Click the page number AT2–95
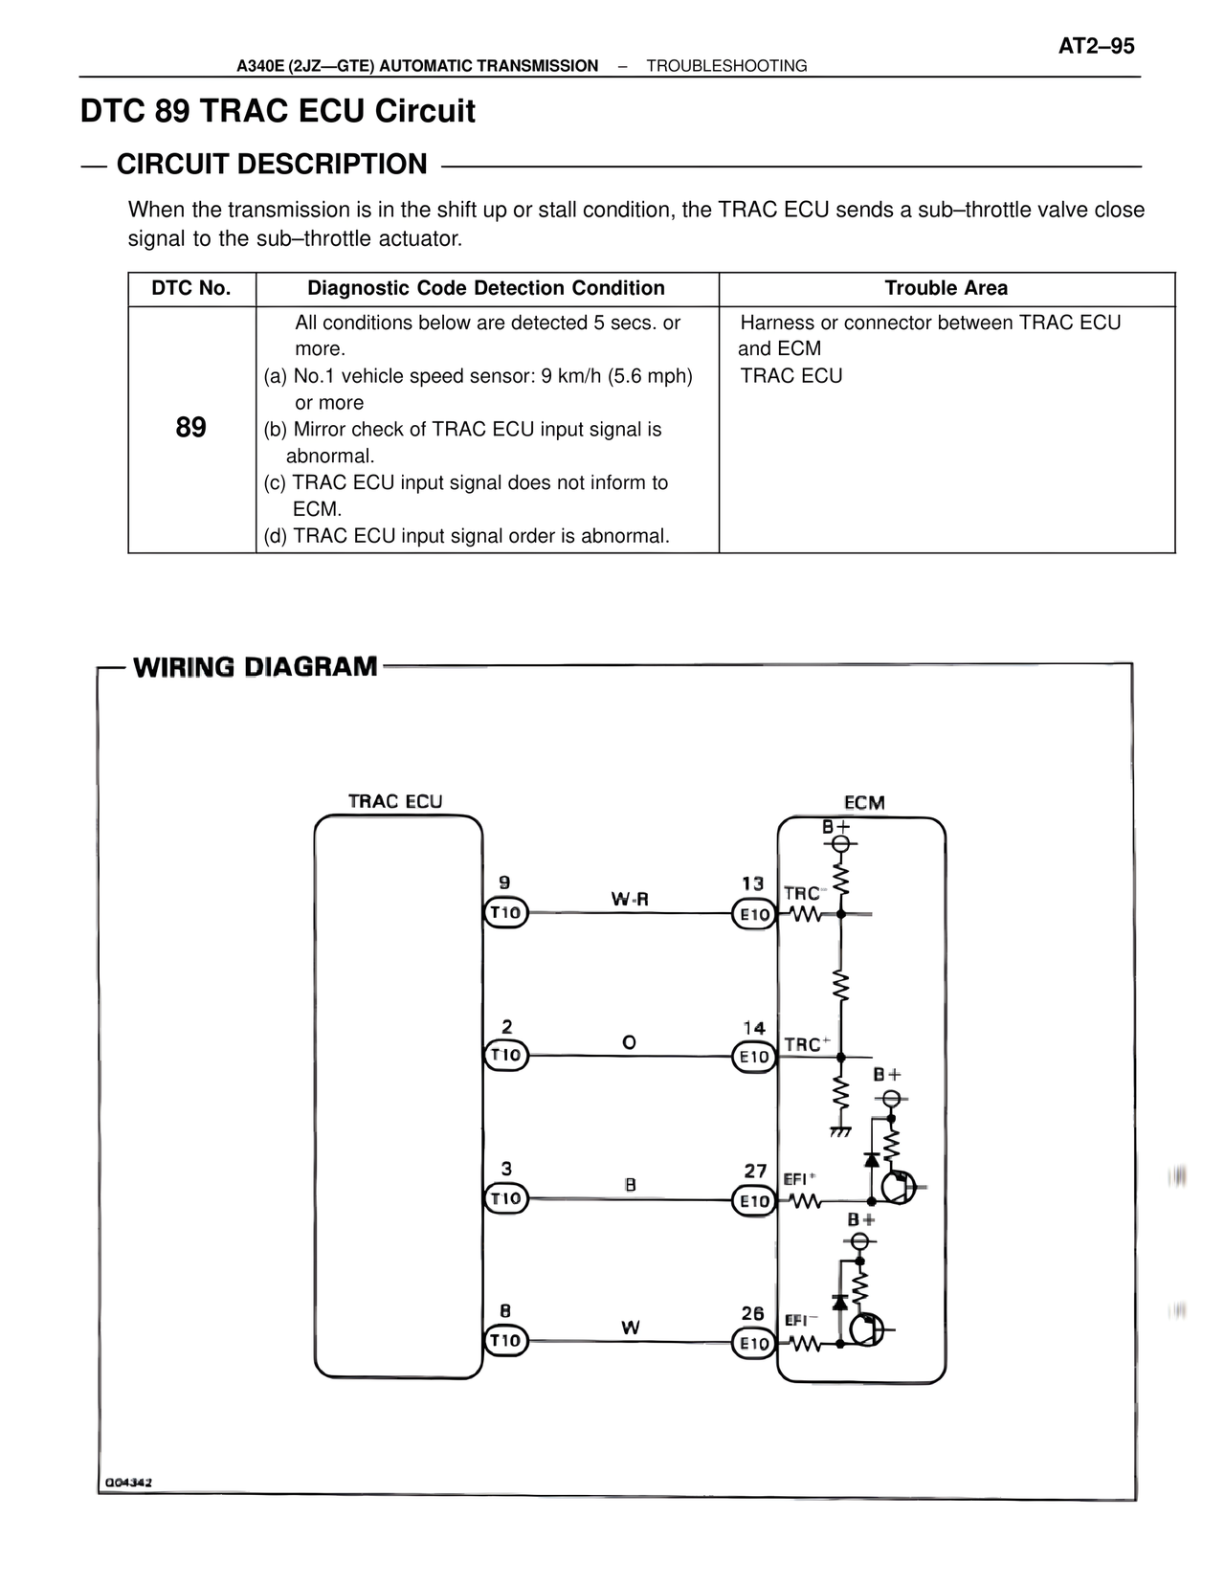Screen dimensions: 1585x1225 (x=1096, y=46)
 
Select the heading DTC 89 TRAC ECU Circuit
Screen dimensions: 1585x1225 (x=278, y=111)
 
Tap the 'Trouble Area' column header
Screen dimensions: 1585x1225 (x=946, y=288)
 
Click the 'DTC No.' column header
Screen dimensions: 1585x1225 (x=191, y=288)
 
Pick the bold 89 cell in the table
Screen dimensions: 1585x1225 (x=191, y=427)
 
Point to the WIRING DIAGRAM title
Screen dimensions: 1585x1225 (x=256, y=666)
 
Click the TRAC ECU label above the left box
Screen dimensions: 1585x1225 (x=395, y=801)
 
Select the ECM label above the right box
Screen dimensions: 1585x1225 (x=864, y=802)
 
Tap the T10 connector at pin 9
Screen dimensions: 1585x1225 (x=505, y=913)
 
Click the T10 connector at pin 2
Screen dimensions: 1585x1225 (x=505, y=1056)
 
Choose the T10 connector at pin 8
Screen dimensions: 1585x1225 (x=505, y=1341)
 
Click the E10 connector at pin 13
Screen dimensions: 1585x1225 (x=754, y=914)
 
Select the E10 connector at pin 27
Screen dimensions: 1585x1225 (x=754, y=1200)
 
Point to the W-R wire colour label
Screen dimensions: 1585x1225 (x=630, y=899)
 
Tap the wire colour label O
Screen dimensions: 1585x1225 (x=629, y=1041)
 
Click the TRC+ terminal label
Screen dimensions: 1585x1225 (x=807, y=1044)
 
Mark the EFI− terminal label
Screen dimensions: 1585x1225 (x=801, y=1320)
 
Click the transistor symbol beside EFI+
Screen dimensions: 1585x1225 (x=897, y=1188)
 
